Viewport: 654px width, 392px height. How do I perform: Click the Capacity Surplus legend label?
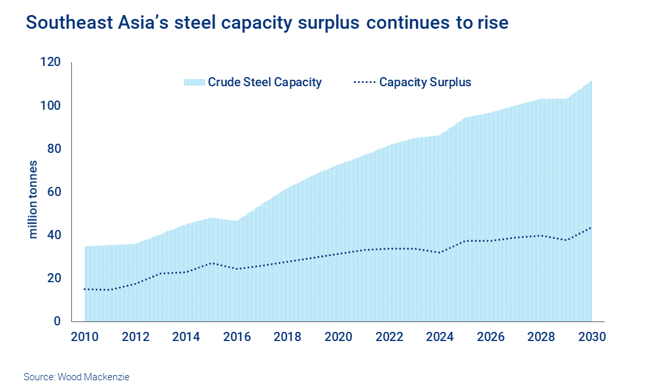[425, 82]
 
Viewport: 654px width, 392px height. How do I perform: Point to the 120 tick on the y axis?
[50, 63]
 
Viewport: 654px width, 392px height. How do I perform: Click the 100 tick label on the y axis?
[50, 106]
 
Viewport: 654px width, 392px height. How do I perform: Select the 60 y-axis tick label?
[52, 192]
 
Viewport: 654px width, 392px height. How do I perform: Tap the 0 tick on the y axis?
[56, 321]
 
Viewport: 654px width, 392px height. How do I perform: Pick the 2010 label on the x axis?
[85, 337]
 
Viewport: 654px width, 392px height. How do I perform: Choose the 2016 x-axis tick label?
[238, 337]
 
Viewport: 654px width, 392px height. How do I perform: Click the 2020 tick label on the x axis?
[339, 337]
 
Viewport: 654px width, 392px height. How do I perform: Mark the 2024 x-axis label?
[440, 337]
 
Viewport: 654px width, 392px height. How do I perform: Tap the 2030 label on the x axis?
[591, 337]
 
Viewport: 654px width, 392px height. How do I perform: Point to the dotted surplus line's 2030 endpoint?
[591, 227]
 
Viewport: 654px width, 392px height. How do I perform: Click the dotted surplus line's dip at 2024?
[440, 252]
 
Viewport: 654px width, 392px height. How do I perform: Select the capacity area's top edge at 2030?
[591, 81]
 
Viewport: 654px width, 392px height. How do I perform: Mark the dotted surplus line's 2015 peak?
[212, 263]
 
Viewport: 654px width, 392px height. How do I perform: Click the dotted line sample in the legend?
[364, 82]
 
